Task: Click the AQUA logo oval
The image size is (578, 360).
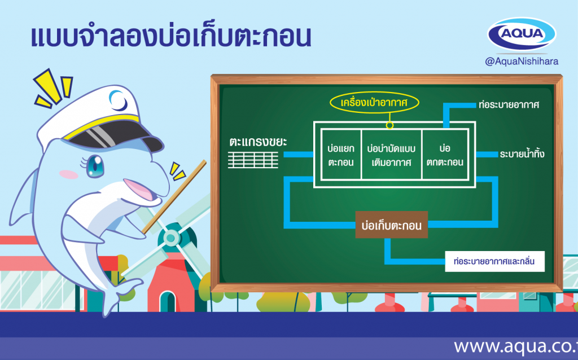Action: point(522,34)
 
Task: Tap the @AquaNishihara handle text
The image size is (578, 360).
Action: point(522,62)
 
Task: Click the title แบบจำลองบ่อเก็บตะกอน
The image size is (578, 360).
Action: point(171,37)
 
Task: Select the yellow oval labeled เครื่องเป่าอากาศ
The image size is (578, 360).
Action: point(374,103)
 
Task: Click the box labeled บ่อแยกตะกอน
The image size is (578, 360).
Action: point(341,155)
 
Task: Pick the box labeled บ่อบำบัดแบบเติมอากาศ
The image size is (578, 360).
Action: point(392,155)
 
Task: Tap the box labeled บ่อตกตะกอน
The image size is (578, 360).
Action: point(445,155)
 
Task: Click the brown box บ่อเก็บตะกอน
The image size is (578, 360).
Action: point(392,225)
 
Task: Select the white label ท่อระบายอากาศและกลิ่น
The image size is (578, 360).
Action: point(494,262)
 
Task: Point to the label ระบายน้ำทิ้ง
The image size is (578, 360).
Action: point(522,154)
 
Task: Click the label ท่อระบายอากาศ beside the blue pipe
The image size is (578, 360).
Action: point(509,105)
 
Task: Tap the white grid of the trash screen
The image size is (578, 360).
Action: point(253,160)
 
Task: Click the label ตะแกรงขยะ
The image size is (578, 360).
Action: point(258,142)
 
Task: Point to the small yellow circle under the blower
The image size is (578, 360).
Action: point(389,125)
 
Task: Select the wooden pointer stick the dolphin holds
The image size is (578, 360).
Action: point(174,197)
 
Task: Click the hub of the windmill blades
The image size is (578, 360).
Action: point(170,238)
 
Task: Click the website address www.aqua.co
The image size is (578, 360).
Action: point(516,346)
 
